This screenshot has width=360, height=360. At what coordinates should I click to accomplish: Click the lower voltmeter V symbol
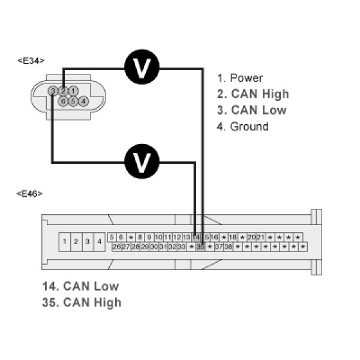point(142,161)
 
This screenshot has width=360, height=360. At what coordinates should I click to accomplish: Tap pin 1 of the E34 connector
point(73,91)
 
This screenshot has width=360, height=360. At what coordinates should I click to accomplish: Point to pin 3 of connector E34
point(53,91)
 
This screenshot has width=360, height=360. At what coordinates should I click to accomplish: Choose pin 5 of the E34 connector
point(73,101)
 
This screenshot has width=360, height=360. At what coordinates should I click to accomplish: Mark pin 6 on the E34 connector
point(62,101)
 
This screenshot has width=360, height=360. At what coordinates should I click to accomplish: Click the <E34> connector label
point(31,60)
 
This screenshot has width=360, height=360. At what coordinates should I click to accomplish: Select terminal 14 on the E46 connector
point(196,238)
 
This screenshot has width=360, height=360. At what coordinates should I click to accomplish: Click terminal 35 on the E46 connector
point(201,247)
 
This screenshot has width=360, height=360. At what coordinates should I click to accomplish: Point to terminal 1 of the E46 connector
point(64,242)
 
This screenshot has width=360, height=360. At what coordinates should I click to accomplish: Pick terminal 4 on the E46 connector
point(99,242)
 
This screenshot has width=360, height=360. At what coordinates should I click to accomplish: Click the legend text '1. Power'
point(240,78)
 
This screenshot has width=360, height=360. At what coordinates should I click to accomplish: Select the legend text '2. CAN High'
point(253,94)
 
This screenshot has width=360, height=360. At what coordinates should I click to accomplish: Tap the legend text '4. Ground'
point(242,127)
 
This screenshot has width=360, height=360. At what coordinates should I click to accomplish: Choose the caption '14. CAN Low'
point(80,286)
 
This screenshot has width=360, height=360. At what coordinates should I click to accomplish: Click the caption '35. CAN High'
point(82,302)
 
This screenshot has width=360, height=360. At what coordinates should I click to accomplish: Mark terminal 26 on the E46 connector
point(117,247)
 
